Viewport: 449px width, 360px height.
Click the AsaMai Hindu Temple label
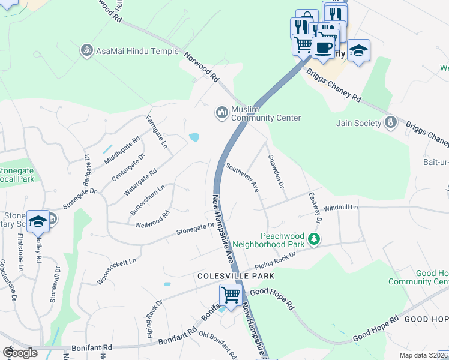137,52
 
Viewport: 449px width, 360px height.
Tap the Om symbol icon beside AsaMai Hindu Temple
87,51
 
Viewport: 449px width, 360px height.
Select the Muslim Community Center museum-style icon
222,112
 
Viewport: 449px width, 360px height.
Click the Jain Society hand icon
391,123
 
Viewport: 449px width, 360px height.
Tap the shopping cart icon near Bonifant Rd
231,294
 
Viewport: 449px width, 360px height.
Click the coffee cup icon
323,47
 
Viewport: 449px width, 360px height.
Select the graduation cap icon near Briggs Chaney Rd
358,50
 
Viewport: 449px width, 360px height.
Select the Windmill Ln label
340,207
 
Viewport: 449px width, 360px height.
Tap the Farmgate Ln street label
155,132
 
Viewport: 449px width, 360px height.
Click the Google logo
20,353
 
